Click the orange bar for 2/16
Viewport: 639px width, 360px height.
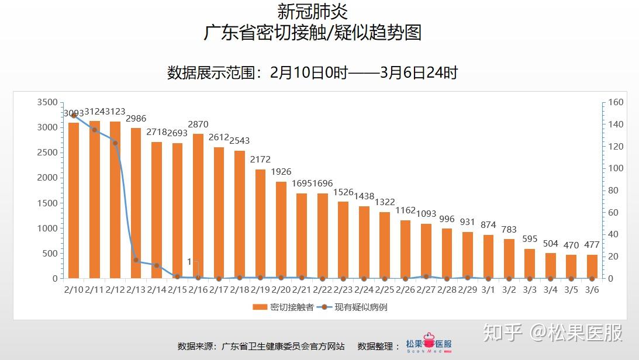pyautogui.click(x=198, y=206)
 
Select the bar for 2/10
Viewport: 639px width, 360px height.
pyautogui.click(x=74, y=200)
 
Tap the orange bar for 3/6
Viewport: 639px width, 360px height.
pyautogui.click(x=592, y=266)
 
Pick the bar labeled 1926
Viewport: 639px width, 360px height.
pyautogui.click(x=281, y=230)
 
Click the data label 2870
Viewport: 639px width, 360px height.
pyautogui.click(x=198, y=124)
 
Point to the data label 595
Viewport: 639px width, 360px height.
pyautogui.click(x=530, y=238)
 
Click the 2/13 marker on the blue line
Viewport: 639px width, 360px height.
pyautogui.click(x=136, y=260)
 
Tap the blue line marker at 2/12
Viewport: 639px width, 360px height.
pyautogui.click(x=115, y=143)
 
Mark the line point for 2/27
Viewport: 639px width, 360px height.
pyautogui.click(x=426, y=276)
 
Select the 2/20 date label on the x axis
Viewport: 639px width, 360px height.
pyautogui.click(x=281, y=289)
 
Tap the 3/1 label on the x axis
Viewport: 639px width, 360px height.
pyautogui.click(x=488, y=289)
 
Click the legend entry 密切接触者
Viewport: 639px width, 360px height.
pyautogui.click(x=284, y=307)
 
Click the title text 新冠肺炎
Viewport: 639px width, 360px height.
pyautogui.click(x=313, y=12)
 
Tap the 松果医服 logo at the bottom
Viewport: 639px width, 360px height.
pyautogui.click(x=430, y=345)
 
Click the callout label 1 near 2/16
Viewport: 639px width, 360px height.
pyautogui.click(x=189, y=261)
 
